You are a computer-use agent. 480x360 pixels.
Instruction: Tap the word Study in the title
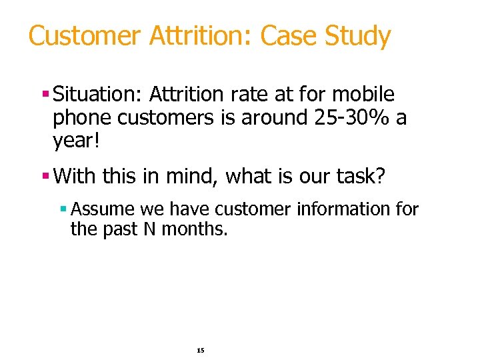click(357, 35)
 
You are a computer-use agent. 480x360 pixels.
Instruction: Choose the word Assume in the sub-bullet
click(103, 209)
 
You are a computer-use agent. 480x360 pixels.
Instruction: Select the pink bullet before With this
click(45, 177)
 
